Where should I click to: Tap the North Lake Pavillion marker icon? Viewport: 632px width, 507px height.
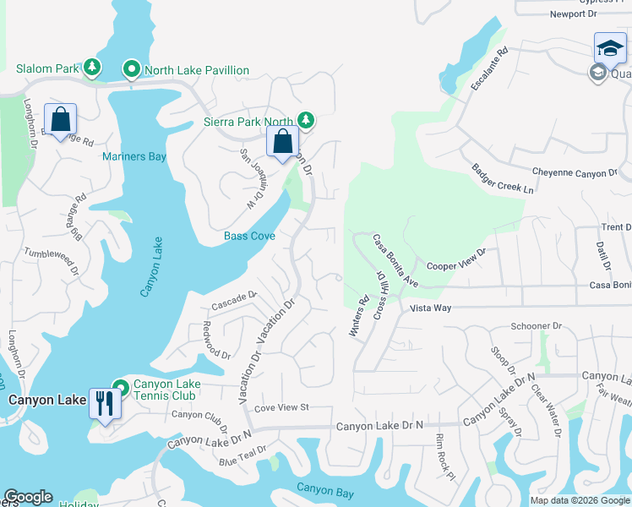pyautogui.click(x=132, y=68)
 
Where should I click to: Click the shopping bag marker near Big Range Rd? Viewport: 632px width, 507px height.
pyautogui.click(x=61, y=120)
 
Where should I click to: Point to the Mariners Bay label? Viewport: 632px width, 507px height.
pyautogui.click(x=134, y=156)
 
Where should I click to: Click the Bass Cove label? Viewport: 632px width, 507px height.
pyautogui.click(x=249, y=236)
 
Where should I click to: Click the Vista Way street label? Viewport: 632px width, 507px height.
pyautogui.click(x=430, y=308)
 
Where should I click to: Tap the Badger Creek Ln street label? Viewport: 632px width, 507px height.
pyautogui.click(x=503, y=179)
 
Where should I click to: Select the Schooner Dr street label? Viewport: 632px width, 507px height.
pyautogui.click(x=536, y=325)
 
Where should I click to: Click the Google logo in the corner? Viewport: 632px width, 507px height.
pyautogui.click(x=28, y=497)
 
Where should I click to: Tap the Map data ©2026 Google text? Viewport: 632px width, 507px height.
pyautogui.click(x=579, y=500)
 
